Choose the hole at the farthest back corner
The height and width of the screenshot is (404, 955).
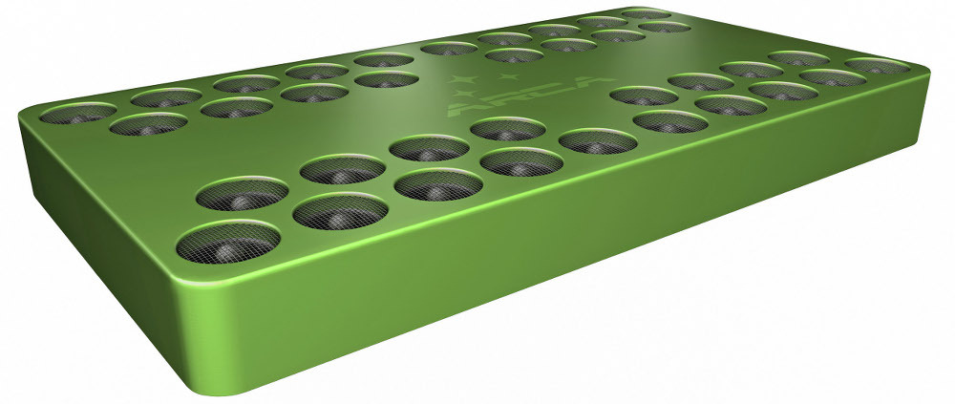(x=645, y=13)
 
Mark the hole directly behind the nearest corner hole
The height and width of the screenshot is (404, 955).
(x=242, y=194)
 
